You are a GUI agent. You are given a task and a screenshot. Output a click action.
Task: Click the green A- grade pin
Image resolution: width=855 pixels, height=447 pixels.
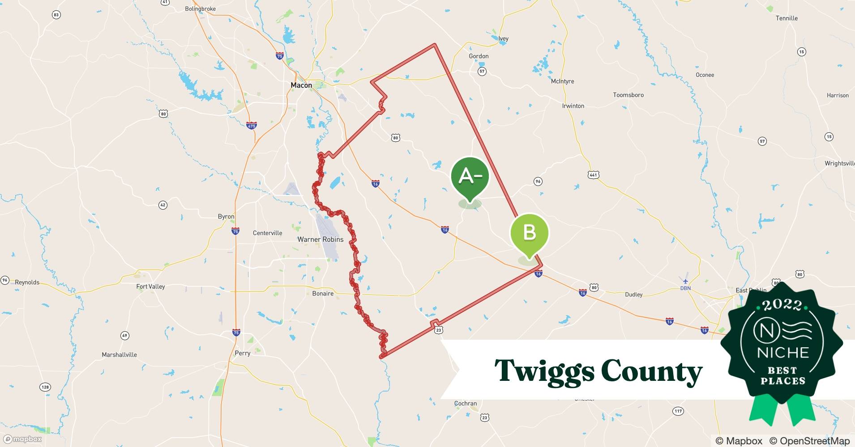pyautogui.click(x=470, y=177)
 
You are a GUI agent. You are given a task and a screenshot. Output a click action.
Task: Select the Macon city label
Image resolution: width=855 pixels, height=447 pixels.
pyautogui.click(x=301, y=85)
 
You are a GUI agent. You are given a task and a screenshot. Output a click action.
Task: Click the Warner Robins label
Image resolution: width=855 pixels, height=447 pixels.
pyautogui.click(x=321, y=240)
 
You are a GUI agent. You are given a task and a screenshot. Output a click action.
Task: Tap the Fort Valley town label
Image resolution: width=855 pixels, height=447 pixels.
pyautogui.click(x=150, y=287)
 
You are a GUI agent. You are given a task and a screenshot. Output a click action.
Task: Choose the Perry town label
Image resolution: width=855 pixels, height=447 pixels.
pyautogui.click(x=243, y=353)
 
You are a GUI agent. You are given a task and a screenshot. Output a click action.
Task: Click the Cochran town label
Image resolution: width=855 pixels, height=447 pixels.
pyautogui.click(x=466, y=403)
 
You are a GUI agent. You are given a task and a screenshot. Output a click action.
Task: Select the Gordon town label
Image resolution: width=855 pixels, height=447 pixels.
pyautogui.click(x=479, y=56)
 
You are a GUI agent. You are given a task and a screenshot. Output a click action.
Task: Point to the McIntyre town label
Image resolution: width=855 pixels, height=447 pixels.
pyautogui.click(x=562, y=81)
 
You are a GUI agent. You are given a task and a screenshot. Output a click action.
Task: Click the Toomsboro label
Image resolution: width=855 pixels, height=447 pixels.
pyautogui.click(x=628, y=95)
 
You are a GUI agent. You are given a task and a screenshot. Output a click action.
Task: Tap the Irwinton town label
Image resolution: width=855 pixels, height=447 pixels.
pyautogui.click(x=573, y=106)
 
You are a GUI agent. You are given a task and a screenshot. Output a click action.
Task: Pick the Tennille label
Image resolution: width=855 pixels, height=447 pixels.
pyautogui.click(x=787, y=18)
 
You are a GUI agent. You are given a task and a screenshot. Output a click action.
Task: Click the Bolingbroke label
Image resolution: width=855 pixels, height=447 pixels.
pyautogui.click(x=201, y=9)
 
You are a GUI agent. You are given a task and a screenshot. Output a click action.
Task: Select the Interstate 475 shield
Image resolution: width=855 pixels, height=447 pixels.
pyautogui.click(x=252, y=126)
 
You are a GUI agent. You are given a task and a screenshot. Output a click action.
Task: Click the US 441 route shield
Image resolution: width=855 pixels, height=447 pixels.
pyautogui.click(x=594, y=175)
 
